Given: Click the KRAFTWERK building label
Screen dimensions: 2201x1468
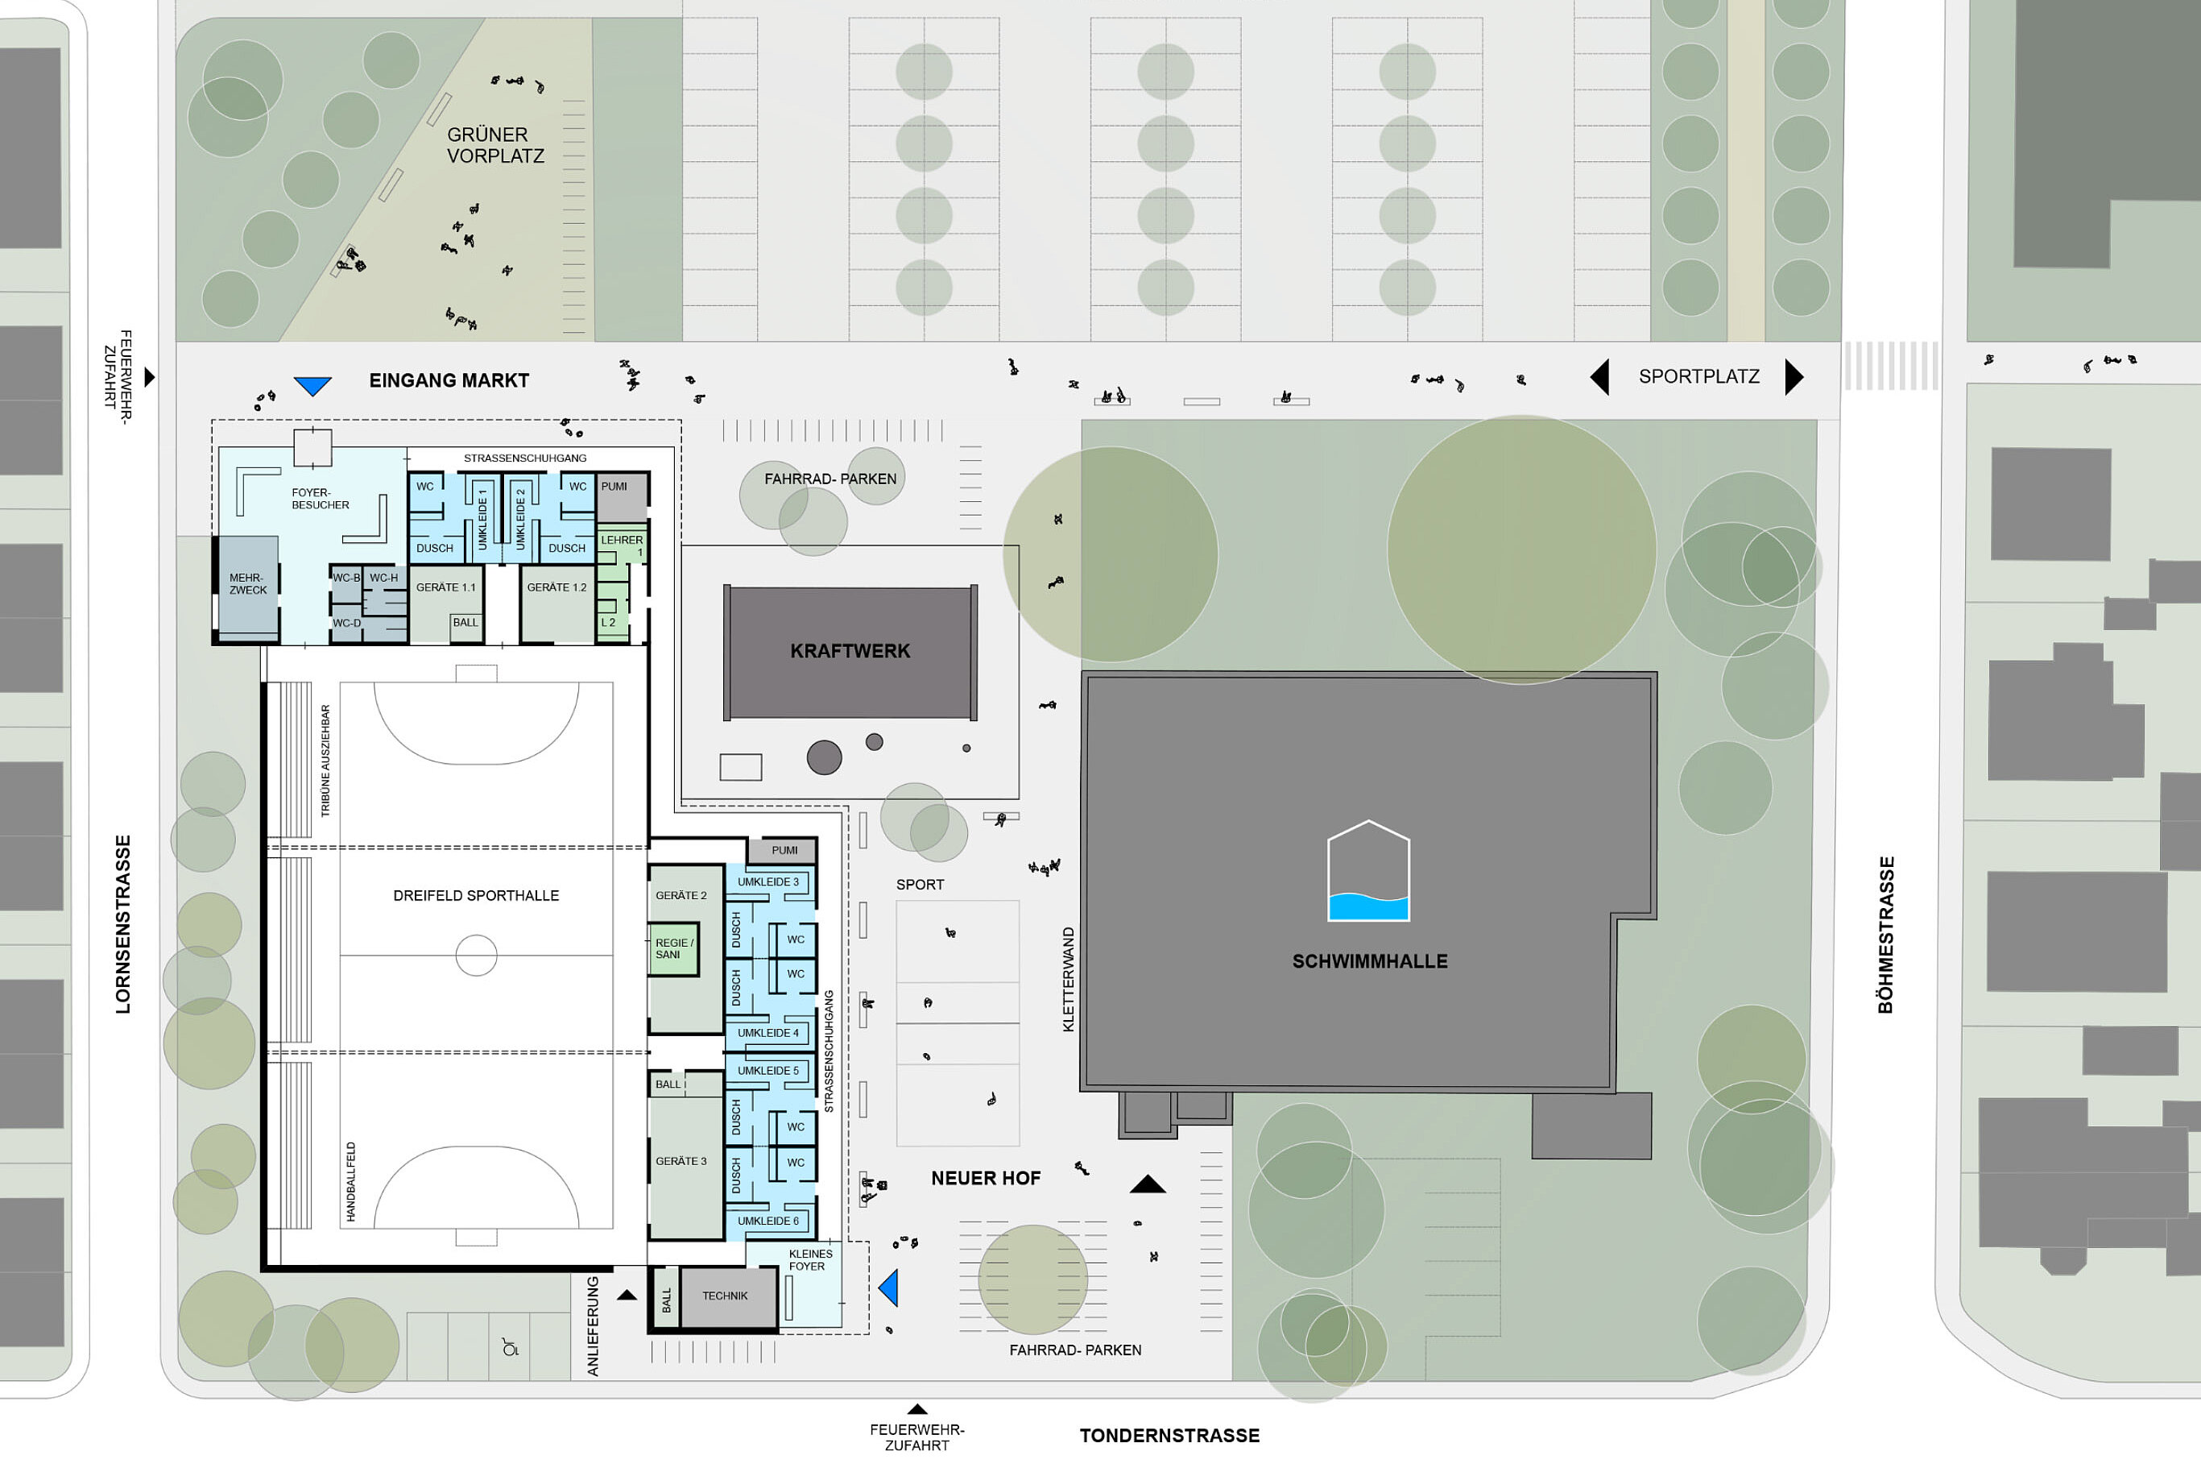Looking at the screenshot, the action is coord(850,651).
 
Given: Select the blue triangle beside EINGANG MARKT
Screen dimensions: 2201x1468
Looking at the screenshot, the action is coord(312,386).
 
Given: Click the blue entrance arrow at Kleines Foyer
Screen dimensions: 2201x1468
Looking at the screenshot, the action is coord(889,1288).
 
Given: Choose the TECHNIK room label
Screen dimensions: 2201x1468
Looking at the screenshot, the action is coord(726,1296).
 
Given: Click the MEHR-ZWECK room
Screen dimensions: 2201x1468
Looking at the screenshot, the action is coord(248,588).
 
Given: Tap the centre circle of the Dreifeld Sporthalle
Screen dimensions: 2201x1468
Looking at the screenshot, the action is coord(476,955).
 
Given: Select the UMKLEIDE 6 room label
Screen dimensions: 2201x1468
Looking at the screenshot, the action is coord(768,1221).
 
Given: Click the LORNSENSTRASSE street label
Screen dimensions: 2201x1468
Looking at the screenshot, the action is coord(122,924).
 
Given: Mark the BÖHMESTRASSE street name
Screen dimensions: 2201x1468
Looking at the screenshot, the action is coord(1885,935).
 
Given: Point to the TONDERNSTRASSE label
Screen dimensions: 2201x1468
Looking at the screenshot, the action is coord(1169,1435).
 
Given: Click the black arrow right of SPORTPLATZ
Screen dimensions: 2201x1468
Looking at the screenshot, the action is coord(1794,376).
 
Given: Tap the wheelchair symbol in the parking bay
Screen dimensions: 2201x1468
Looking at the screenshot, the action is coord(510,1348).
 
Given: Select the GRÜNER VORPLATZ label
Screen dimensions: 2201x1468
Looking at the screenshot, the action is coord(495,145).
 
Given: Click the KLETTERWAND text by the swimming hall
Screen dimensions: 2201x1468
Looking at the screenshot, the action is coord(1069,979).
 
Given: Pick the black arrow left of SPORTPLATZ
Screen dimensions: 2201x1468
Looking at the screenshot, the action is coord(1599,376).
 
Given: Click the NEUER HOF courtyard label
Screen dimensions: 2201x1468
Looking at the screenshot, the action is coord(986,1178).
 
